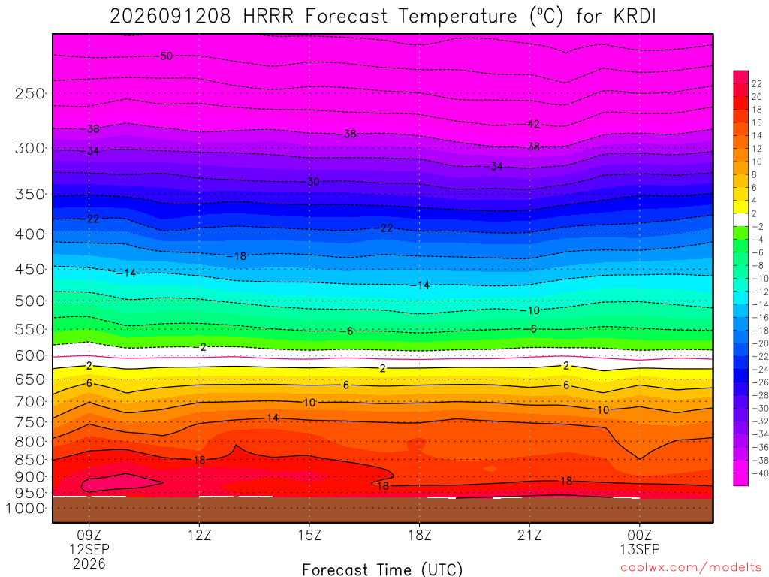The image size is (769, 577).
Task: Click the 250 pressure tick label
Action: pos(30,93)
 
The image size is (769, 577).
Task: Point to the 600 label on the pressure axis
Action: pos(30,355)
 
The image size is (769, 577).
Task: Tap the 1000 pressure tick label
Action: pos(26,509)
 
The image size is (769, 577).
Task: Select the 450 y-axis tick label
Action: pos(30,270)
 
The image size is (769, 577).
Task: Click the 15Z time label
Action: pos(309,535)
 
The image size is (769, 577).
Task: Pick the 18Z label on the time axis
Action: pos(420,535)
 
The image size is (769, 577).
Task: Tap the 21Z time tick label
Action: pos(529,535)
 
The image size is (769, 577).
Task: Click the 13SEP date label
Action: pos(640,549)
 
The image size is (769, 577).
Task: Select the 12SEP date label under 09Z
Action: pos(89,549)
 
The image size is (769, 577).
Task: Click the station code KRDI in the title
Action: pos(635,17)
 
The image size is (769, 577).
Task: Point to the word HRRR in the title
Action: pos(268,17)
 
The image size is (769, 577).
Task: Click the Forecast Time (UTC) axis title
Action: pos(382,569)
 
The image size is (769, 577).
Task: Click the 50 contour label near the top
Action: pos(167,56)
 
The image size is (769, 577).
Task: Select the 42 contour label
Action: pos(534,124)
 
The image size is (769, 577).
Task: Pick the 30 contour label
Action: pos(313,182)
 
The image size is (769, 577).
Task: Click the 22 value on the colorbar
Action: pos(757,84)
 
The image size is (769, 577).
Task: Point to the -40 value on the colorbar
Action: pos(760,473)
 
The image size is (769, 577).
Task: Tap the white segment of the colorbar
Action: pos(741,220)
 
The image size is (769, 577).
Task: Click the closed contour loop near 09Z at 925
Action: pos(122,474)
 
